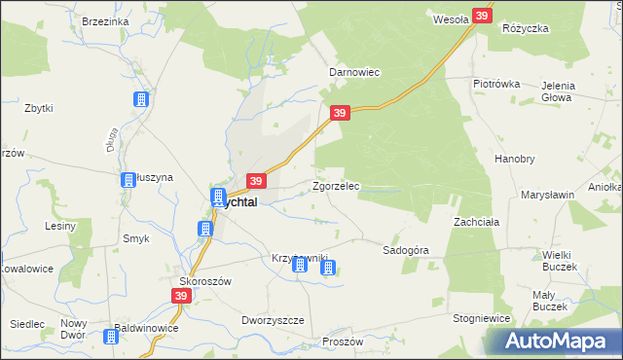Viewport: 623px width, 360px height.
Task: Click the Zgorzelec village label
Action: coord(336,186)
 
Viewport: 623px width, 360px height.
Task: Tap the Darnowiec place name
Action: coord(353,72)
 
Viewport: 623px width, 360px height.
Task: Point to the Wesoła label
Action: coord(451,18)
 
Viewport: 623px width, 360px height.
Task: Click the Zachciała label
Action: coord(476,222)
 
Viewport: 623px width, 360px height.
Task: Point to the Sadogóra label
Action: coord(406,250)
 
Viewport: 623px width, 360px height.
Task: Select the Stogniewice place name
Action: coord(482,317)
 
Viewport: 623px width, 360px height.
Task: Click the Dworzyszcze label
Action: coord(273,320)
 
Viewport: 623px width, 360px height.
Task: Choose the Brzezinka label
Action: coord(106,21)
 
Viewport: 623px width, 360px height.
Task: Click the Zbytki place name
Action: coord(39,108)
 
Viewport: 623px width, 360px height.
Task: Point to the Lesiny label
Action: coord(60,226)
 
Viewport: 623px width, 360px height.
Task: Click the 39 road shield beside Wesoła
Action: coord(482,16)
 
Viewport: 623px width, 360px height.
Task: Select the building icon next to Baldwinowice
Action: coord(110,337)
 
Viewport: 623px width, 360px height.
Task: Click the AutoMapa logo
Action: coord(558,342)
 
